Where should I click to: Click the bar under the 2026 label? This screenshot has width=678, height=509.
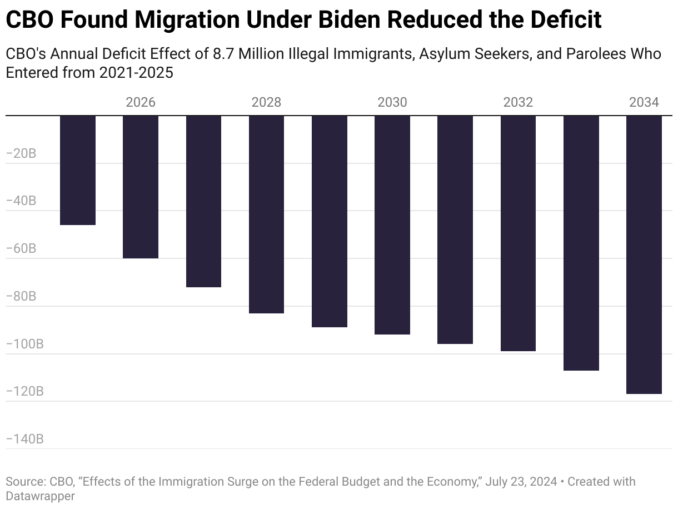(141, 187)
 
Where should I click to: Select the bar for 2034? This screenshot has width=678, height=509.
(644, 255)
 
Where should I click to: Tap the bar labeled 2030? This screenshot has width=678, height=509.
(392, 224)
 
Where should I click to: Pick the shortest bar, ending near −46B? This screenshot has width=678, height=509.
(78, 170)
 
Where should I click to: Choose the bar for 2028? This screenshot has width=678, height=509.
(266, 214)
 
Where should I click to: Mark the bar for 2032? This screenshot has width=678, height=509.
(518, 233)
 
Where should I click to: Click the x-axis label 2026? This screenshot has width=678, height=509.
(141, 102)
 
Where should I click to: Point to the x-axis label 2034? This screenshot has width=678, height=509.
(644, 102)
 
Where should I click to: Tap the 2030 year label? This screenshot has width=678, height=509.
(392, 102)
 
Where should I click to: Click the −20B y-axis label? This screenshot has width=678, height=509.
(21, 153)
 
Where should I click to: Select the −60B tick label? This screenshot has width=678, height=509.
(21, 248)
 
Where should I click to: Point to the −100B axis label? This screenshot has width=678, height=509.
(24, 344)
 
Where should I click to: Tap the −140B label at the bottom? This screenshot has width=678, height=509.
(24, 440)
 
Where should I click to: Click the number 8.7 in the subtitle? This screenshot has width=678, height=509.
(223, 54)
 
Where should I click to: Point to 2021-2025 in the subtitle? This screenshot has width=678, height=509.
(136, 73)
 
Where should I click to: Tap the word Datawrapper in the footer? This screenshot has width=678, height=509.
(40, 496)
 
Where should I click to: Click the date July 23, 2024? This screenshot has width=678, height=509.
(521, 481)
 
